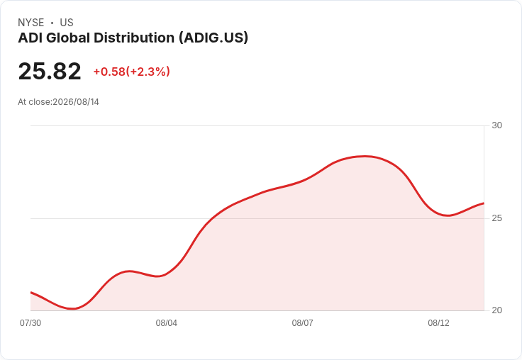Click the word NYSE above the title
31,23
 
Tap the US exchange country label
67,23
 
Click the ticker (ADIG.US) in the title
213,38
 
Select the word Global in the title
68,38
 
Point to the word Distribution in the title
134,38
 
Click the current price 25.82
50,71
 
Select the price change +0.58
109,72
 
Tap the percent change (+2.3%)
148,72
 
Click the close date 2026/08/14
76,102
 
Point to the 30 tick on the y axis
496,125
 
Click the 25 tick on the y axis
496,218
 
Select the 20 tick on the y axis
496,310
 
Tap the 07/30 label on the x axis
30,323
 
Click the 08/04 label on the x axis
167,323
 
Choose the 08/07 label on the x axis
302,323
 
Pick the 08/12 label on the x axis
438,323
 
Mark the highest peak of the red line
365,156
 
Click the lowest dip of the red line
72,309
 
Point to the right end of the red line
484,203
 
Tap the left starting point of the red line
30,293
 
